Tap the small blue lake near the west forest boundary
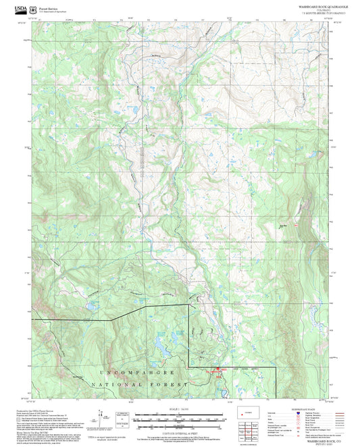pyautogui.click(x=88, y=308)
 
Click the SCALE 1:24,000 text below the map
pyautogui.click(x=179, y=410)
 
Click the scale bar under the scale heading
pyautogui.click(x=179, y=415)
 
